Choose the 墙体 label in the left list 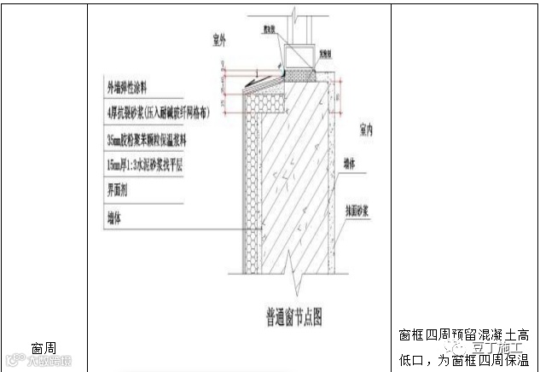click(x=114, y=218)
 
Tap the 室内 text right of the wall click(x=368, y=131)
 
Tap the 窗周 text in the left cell click(x=44, y=348)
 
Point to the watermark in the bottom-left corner click(x=38, y=359)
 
